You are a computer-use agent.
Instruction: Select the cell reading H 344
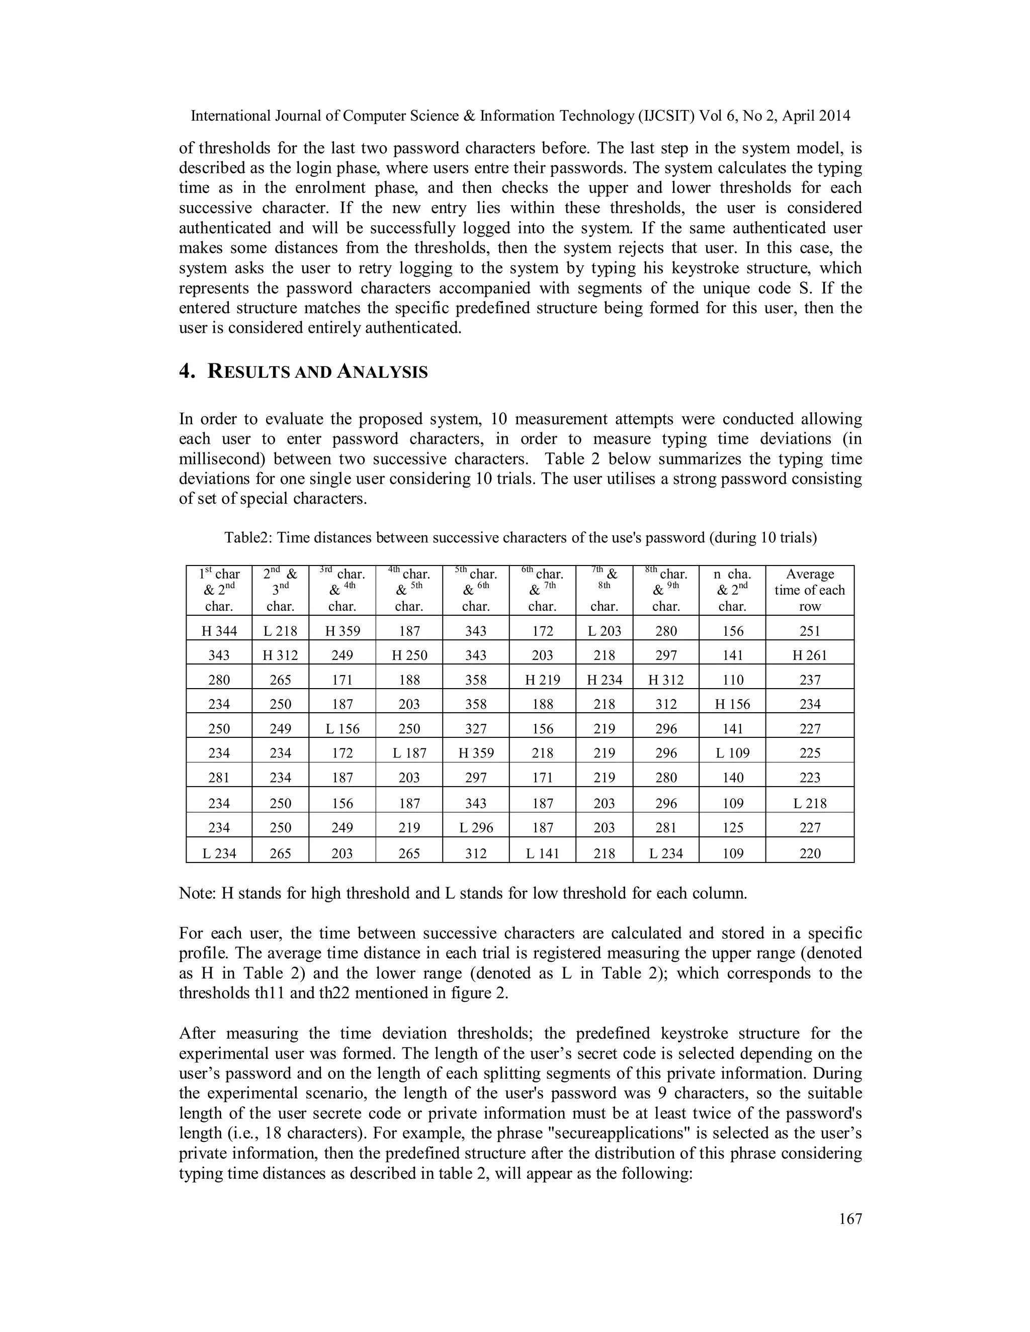219,631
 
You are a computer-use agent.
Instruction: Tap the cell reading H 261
809,655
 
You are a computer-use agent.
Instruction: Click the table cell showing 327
475,729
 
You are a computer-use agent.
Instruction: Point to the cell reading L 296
475,828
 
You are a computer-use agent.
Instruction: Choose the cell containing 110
732,680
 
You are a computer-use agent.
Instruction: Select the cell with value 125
732,828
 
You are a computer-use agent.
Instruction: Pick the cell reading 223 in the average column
809,778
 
